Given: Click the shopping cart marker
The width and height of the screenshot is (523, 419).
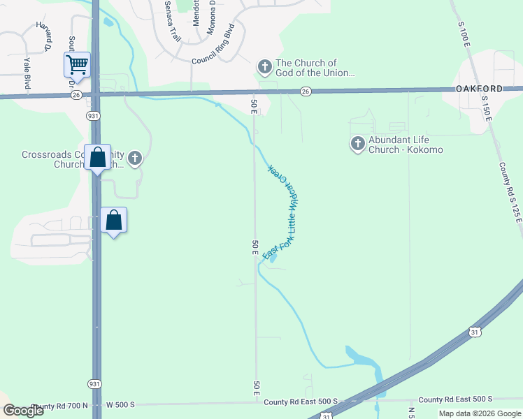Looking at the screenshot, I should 77,65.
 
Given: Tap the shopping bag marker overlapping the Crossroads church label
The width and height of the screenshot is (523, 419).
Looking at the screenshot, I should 98,157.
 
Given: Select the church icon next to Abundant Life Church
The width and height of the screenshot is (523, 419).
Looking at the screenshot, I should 357,144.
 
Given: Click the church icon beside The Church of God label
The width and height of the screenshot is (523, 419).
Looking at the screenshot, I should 264,67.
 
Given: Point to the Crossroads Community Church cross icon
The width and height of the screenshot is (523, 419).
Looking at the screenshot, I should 135,159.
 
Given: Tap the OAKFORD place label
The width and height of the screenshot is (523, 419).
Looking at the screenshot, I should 479,89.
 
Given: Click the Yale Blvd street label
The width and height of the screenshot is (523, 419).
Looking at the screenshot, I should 29,74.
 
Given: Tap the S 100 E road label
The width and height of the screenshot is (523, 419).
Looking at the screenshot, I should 464,34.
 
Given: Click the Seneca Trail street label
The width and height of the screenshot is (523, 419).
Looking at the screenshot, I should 172,21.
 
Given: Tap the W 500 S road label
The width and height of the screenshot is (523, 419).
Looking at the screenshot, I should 120,405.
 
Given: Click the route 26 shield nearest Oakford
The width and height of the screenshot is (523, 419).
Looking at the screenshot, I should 306,91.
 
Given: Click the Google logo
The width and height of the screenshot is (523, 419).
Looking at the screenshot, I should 23,411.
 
